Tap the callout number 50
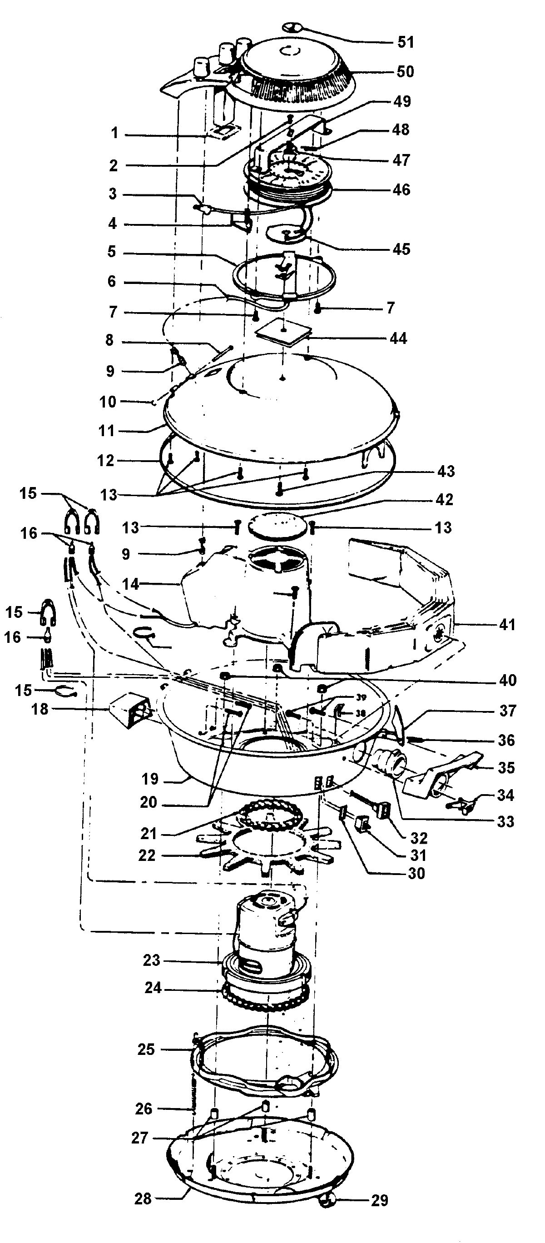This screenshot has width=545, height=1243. pyautogui.click(x=405, y=72)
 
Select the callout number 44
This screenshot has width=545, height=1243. pyautogui.click(x=398, y=338)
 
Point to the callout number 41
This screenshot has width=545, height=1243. pyautogui.click(x=507, y=625)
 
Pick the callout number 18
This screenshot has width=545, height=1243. pyautogui.click(x=40, y=709)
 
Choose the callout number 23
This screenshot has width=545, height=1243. pyautogui.click(x=151, y=961)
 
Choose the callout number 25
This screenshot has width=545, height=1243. pyautogui.click(x=146, y=1050)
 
